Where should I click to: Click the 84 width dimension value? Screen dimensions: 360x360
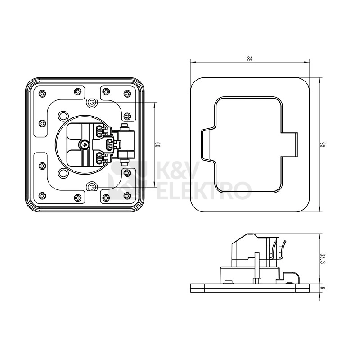coord(250,59)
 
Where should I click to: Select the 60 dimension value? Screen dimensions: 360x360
coord(157,144)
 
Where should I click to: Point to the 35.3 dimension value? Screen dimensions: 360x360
coord(323,259)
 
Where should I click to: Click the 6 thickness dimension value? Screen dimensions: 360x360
coord(323,288)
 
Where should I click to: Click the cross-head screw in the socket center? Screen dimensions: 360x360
coord(85,144)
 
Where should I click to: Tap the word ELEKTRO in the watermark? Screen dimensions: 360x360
coord(204,190)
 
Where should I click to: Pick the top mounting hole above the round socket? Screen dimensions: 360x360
coord(92,102)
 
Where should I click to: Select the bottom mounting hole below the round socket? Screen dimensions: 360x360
coord(92,187)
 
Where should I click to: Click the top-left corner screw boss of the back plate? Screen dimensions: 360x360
coord(42,94)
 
